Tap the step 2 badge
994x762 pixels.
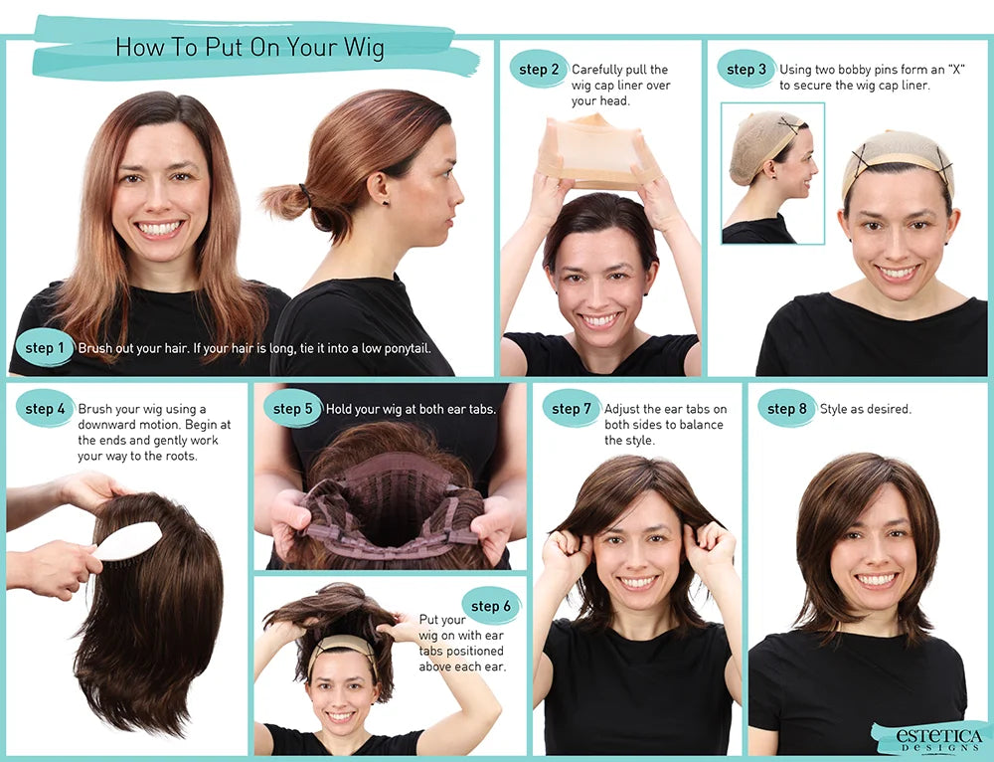coord(539,70)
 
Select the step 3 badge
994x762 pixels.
coord(746,70)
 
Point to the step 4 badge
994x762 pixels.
coord(46,409)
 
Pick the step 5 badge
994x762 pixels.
coord(293,409)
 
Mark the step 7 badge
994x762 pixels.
coord(572,409)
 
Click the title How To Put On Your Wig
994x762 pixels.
coord(249,47)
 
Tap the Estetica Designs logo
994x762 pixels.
coord(928,737)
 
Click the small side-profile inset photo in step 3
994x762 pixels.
coord(772,173)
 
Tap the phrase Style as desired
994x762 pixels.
coord(865,409)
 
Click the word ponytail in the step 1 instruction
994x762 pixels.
coord(400,349)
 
